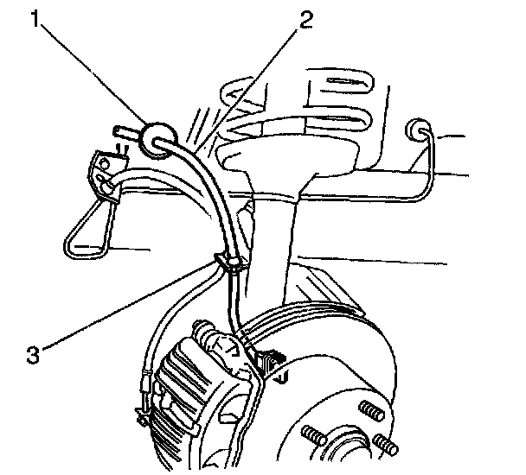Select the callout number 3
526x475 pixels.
click(31, 351)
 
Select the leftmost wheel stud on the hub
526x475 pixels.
click(310, 433)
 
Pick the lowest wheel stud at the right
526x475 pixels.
click(387, 446)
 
